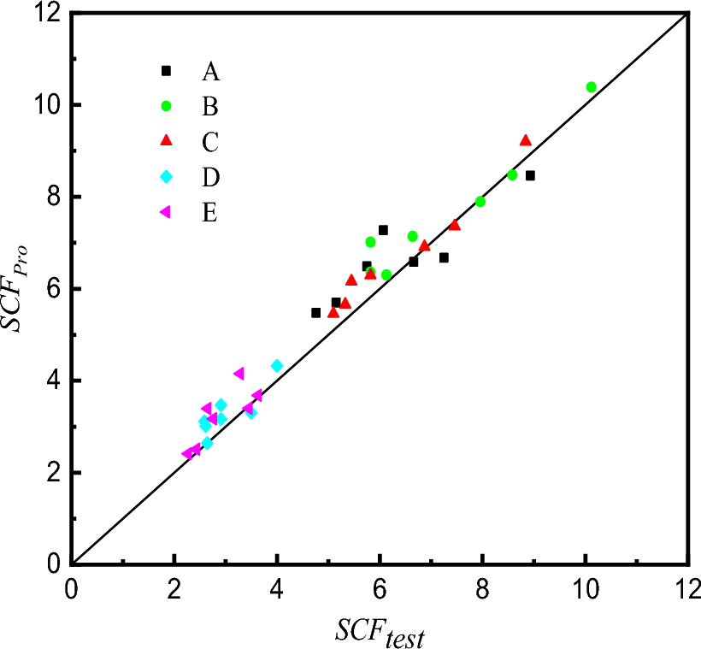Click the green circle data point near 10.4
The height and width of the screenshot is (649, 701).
591,87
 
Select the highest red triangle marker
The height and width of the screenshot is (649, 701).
525,140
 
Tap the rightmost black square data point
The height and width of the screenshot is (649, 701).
530,175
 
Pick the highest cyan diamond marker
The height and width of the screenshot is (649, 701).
277,365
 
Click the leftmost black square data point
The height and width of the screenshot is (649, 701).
315,313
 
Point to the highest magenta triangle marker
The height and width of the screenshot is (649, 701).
239,374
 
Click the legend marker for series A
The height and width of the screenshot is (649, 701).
167,70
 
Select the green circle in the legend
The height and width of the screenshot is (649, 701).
167,106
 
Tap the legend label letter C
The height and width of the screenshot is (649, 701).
210,140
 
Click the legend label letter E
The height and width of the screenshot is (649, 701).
210,212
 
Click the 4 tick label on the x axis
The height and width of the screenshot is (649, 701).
277,591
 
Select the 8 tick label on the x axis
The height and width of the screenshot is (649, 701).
482,591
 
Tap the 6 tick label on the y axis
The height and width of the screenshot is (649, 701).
53,289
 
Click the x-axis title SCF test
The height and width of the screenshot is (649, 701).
380,633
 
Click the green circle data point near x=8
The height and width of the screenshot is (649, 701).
480,202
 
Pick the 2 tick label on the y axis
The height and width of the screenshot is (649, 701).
53,473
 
